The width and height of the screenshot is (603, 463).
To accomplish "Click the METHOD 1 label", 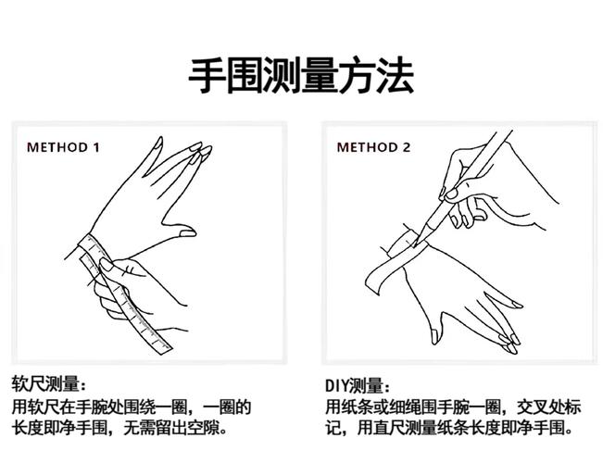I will [x=63, y=147].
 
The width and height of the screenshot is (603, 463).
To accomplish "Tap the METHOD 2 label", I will [x=373, y=147].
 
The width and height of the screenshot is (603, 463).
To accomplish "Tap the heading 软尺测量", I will [x=48, y=384].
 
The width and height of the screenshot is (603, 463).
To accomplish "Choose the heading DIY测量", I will [x=358, y=384].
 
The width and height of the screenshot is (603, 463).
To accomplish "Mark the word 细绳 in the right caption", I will [x=416, y=407].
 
